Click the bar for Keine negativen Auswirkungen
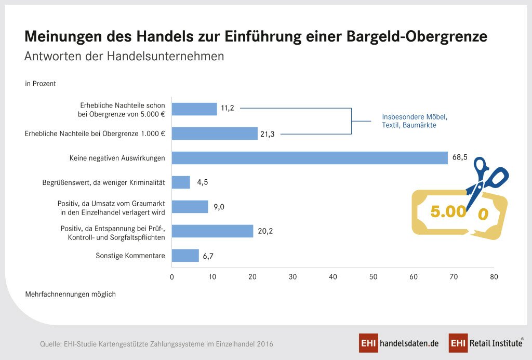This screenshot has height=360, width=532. tap(310, 158)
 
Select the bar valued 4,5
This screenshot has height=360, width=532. tap(181, 182)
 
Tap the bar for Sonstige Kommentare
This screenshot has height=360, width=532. tap(185, 256)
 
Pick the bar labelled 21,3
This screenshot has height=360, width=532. tap(215, 134)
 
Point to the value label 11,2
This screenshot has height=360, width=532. tap(228, 108)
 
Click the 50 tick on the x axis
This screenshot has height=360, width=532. tap(373, 277)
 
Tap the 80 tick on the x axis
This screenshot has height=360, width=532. tap(494, 277)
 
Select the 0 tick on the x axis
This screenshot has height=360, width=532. tap(172, 277)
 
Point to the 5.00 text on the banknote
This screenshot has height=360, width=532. tap(448, 211)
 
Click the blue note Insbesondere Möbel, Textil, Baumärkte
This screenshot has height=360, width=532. tap(414, 121)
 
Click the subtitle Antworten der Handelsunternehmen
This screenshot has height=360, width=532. tap(124, 57)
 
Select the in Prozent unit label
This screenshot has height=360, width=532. tap(41, 84)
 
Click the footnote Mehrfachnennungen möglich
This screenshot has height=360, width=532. tap(70, 295)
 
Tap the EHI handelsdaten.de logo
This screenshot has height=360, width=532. tap(399, 343)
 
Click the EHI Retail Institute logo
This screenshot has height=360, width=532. tap(486, 343)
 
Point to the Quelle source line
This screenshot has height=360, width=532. tap(156, 344)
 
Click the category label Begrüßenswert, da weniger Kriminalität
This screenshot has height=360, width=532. tap(103, 183)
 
